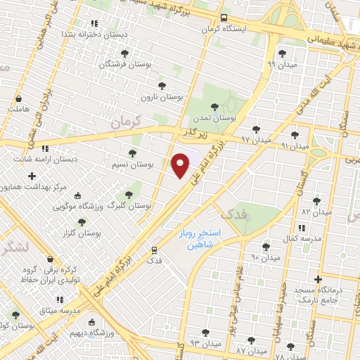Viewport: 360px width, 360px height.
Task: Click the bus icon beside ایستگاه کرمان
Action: (x=224, y=18)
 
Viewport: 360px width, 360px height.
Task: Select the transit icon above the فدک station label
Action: (x=153, y=250)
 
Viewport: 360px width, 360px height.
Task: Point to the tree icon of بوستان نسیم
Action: (x=132, y=153)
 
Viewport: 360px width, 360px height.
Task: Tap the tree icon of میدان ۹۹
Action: (x=282, y=53)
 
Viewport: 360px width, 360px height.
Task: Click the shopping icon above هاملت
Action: (x=18, y=98)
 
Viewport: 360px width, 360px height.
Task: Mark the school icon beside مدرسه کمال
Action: (x=302, y=228)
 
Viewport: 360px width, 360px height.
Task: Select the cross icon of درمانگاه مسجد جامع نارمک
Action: (x=318, y=280)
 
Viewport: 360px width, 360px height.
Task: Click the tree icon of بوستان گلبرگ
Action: (x=128, y=195)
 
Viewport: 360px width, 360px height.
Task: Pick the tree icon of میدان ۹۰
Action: (x=266, y=247)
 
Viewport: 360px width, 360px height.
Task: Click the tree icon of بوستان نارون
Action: (x=162, y=86)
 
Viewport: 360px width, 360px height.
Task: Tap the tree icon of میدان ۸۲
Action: (x=317, y=200)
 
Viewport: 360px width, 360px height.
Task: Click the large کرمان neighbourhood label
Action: (x=146, y=121)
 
